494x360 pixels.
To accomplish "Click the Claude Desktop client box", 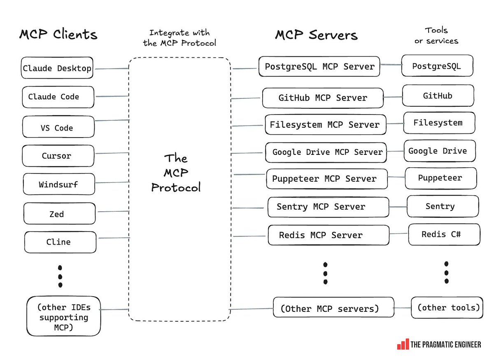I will point(57,68).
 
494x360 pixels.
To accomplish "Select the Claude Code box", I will point(58,97).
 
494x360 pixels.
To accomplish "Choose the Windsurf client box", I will point(59,184).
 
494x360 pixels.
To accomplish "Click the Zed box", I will point(60,213).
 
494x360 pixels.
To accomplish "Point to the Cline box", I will point(60,242).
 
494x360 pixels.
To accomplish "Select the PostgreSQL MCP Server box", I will point(319,66).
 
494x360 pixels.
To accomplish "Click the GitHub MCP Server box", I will point(322,98).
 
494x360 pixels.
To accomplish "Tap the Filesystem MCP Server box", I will point(325,124).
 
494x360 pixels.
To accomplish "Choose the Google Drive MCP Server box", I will point(326,152).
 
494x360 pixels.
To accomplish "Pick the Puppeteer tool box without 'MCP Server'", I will point(440,178).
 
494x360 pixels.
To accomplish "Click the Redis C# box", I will point(444,234).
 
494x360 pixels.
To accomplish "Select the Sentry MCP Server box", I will point(328,207).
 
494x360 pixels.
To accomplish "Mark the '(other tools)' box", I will point(447,307).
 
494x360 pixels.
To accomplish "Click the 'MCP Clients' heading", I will point(58,34).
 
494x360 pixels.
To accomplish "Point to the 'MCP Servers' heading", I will point(316,35).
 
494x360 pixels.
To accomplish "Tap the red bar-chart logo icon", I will point(403,344).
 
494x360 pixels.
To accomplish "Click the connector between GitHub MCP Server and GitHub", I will point(393,97).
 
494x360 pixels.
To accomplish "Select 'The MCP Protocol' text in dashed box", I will point(176,173).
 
